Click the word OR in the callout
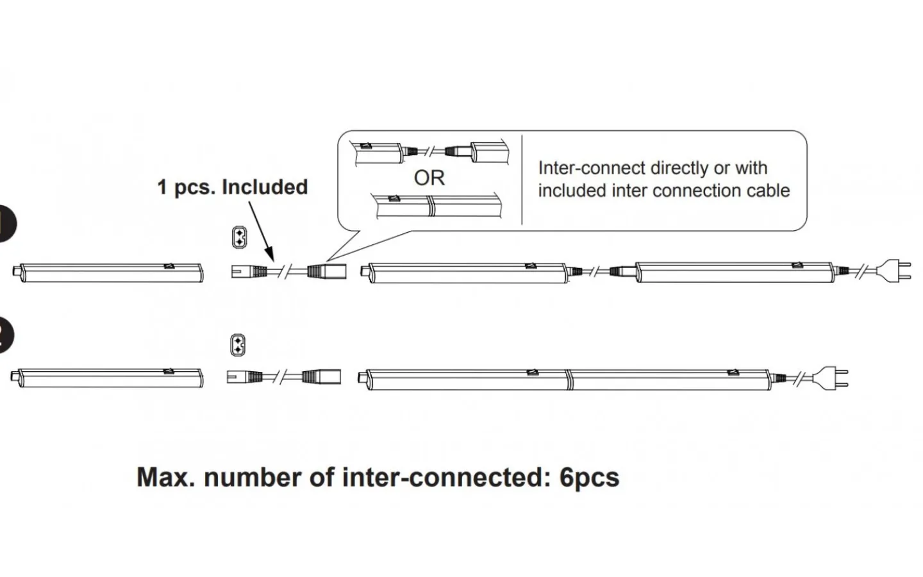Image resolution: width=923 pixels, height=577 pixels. click(x=429, y=178)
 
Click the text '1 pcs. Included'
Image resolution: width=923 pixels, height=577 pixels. click(x=233, y=187)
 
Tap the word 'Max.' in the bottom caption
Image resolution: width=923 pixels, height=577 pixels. click(x=165, y=478)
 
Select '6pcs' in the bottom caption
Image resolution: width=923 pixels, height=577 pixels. click(x=589, y=478)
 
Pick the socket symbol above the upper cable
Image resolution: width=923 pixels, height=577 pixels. click(x=238, y=237)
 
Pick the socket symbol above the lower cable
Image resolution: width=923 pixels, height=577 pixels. click(x=237, y=345)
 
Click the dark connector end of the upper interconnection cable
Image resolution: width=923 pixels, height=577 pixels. click(x=327, y=271)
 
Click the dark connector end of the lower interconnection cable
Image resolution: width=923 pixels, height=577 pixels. click(x=322, y=377)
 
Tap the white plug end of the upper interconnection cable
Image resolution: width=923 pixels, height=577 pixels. click(x=242, y=271)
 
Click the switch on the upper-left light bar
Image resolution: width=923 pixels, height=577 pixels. click(x=169, y=265)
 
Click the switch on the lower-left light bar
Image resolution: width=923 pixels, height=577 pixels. click(x=169, y=371)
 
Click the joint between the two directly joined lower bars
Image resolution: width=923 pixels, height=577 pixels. click(x=568, y=378)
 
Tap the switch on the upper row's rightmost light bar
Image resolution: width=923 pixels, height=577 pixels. click(x=797, y=265)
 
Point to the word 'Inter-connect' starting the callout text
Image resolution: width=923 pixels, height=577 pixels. click(x=591, y=168)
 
